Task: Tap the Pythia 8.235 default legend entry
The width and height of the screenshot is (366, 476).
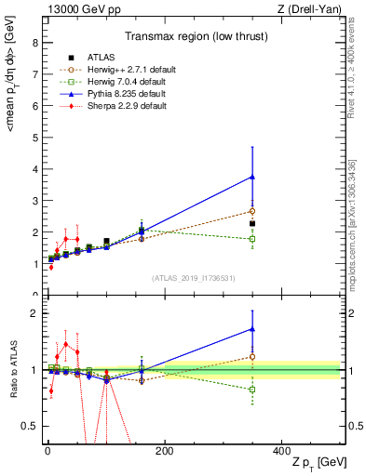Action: pyautogui.click(x=114, y=94)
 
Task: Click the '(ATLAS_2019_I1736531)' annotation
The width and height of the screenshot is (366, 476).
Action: pyautogui.click(x=192, y=278)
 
